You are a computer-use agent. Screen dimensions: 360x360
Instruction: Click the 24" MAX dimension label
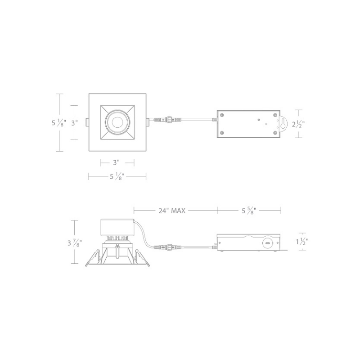pyautogui.click(x=172, y=211)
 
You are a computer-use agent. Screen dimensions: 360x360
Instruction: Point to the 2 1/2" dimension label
pyautogui.click(x=298, y=124)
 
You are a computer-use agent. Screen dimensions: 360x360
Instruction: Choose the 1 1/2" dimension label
pyautogui.click(x=302, y=242)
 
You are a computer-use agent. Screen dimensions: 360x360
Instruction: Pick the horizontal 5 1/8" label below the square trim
pyautogui.click(x=117, y=176)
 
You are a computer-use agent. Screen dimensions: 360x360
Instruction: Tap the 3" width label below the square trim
pyautogui.click(x=117, y=163)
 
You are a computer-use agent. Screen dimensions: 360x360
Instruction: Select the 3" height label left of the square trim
pyautogui.click(x=74, y=123)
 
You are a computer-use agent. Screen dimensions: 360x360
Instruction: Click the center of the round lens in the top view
pyautogui.click(x=117, y=122)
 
